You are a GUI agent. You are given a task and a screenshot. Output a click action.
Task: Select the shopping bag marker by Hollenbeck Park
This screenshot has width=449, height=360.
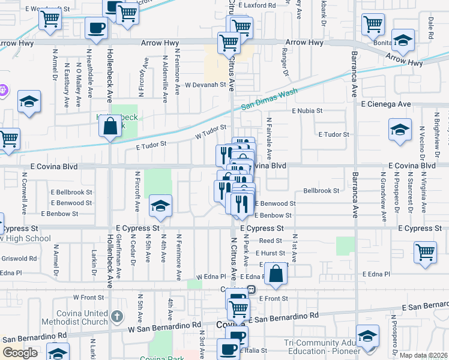[110, 127]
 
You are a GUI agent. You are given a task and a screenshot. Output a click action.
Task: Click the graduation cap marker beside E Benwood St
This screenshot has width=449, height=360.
[160, 206]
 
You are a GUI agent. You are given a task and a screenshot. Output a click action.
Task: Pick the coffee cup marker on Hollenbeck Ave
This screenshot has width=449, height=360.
[96, 27]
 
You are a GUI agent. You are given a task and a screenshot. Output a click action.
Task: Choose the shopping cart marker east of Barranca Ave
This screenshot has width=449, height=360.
[425, 253]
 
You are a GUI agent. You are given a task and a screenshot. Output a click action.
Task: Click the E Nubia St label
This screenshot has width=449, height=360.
[307, 111]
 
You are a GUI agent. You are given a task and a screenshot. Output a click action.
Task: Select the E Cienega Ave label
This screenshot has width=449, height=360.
[386, 104]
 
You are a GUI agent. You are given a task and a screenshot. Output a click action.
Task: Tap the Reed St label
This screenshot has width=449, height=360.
[267, 241]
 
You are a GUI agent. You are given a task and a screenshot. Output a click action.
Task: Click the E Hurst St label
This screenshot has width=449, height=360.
[273, 253]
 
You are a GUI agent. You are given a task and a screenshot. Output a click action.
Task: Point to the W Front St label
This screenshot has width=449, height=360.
[85, 297]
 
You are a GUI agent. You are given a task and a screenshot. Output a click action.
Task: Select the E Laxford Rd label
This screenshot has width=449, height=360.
[256, 5]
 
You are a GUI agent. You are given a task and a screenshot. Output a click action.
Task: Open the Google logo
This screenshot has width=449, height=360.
[20, 353]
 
